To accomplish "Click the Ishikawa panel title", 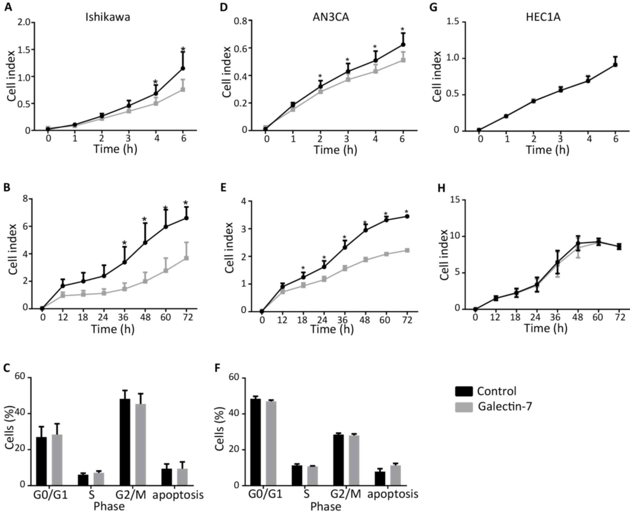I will pos(108,17).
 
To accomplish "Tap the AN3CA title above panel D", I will pos(331,17).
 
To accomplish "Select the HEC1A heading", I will pos(543,17).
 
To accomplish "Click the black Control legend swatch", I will pos(464,391).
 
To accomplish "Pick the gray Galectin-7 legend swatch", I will pos(464,407).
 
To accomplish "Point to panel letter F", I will pos(218,368).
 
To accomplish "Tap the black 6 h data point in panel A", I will pos(183,68).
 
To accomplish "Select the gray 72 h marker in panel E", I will pos(407,250).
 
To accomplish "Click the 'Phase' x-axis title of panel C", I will pos(109,506).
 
